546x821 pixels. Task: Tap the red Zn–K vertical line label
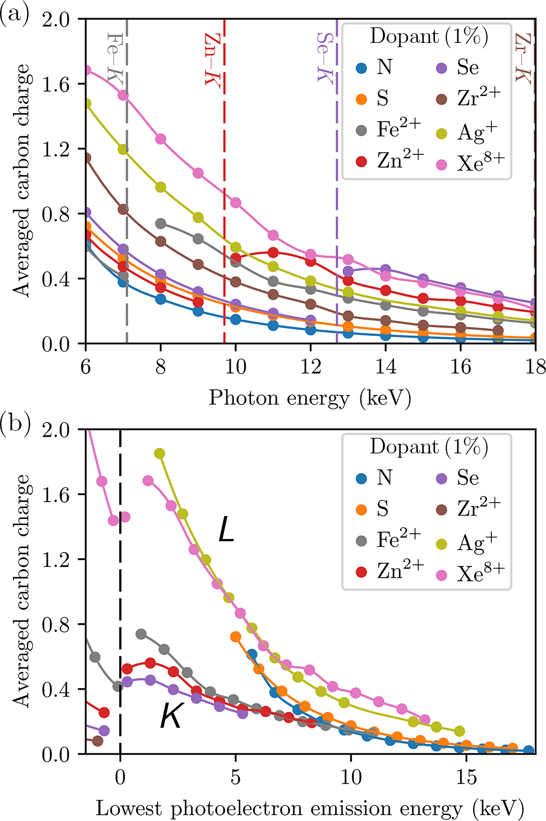tap(212, 59)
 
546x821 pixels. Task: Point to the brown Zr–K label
tap(523, 58)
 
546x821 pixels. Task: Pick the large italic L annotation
tap(226, 531)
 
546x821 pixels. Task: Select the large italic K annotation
tap(172, 716)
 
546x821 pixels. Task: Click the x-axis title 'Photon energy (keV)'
tap(310, 398)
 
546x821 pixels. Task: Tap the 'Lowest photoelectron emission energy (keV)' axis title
tap(310, 808)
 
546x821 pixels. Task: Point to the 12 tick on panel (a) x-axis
tap(311, 367)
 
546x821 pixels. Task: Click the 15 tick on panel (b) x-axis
tap(466, 777)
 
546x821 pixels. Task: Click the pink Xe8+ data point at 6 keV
tap(86, 71)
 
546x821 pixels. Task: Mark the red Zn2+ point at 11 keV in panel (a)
tap(273, 253)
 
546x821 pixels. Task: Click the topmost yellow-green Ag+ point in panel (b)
tap(159, 453)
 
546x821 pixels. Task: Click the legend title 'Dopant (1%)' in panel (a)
tap(429, 36)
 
